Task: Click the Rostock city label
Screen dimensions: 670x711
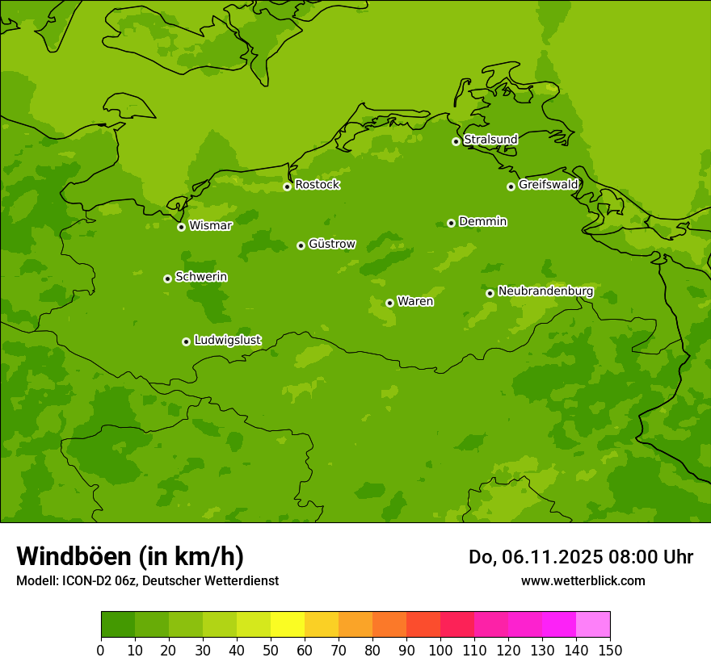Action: click(317, 185)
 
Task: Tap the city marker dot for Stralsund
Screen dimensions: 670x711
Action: click(456, 141)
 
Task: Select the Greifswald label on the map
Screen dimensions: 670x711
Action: click(548, 185)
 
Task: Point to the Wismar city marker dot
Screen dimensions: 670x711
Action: click(182, 227)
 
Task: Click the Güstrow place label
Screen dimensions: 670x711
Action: click(331, 244)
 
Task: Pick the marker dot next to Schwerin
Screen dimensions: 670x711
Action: click(168, 278)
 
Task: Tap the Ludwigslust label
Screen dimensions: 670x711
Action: click(227, 341)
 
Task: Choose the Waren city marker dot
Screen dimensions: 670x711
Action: click(389, 303)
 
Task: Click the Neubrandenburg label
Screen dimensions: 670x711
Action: click(545, 291)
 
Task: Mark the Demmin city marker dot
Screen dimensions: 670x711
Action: click(451, 223)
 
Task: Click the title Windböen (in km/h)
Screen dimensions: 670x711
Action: click(130, 556)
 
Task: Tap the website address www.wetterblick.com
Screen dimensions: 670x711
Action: click(583, 580)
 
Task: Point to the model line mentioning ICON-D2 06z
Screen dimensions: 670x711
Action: click(147, 580)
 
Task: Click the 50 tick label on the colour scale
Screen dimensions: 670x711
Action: click(271, 651)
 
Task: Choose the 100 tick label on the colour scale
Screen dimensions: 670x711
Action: click(440, 651)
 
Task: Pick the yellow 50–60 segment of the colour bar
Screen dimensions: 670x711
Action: click(288, 624)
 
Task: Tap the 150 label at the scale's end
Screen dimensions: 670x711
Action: click(610, 651)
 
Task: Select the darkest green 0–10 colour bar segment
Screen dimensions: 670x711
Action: click(118, 624)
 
